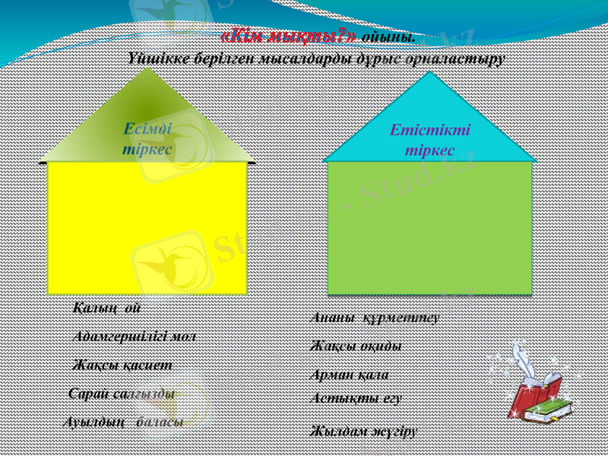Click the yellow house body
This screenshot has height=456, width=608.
(147, 228)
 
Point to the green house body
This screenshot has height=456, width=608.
(429, 228)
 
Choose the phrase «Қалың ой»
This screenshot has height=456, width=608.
(106, 309)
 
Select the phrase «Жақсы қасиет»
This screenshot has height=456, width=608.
(122, 365)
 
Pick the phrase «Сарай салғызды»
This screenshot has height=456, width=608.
(121, 394)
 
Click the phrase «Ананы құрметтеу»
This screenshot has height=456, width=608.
(375, 317)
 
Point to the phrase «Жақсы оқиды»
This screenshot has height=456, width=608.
(356, 346)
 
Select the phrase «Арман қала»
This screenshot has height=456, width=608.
(350, 375)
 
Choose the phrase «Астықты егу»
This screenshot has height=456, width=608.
(356, 397)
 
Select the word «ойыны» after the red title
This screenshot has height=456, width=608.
(388, 36)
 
